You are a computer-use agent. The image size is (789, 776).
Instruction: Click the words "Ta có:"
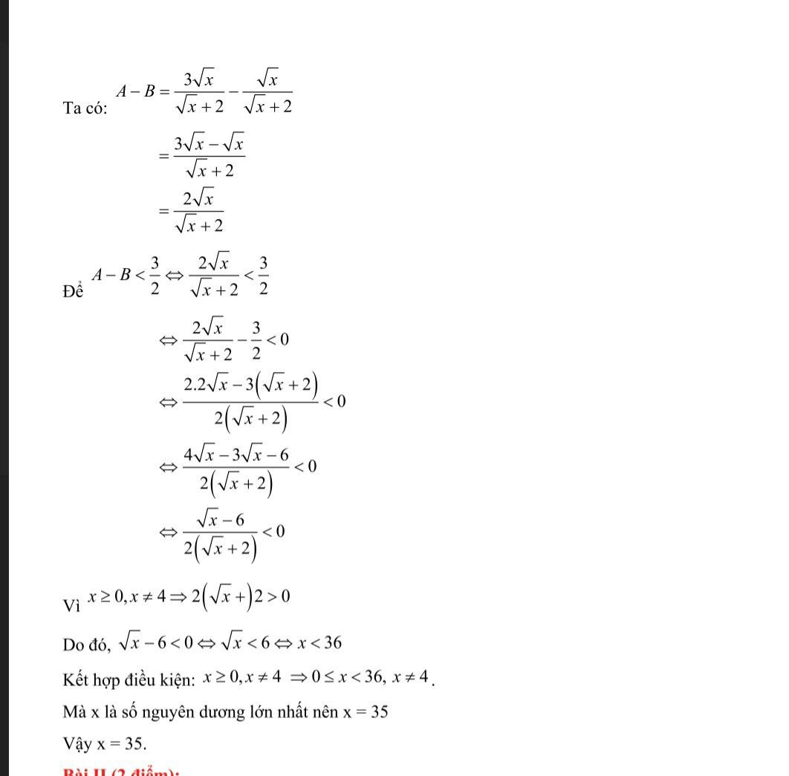coord(85,108)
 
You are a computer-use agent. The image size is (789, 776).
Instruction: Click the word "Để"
coord(73,292)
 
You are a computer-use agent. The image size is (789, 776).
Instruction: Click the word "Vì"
coord(71,606)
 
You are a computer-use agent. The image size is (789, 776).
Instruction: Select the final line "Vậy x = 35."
coord(105,743)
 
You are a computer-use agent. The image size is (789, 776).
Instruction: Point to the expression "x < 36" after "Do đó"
coord(319,642)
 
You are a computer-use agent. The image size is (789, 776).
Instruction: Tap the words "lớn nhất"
coord(286,712)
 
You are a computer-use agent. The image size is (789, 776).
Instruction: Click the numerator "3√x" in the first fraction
coord(199,76)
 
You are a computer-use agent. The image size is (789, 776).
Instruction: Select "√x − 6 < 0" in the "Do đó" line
coord(153,643)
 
